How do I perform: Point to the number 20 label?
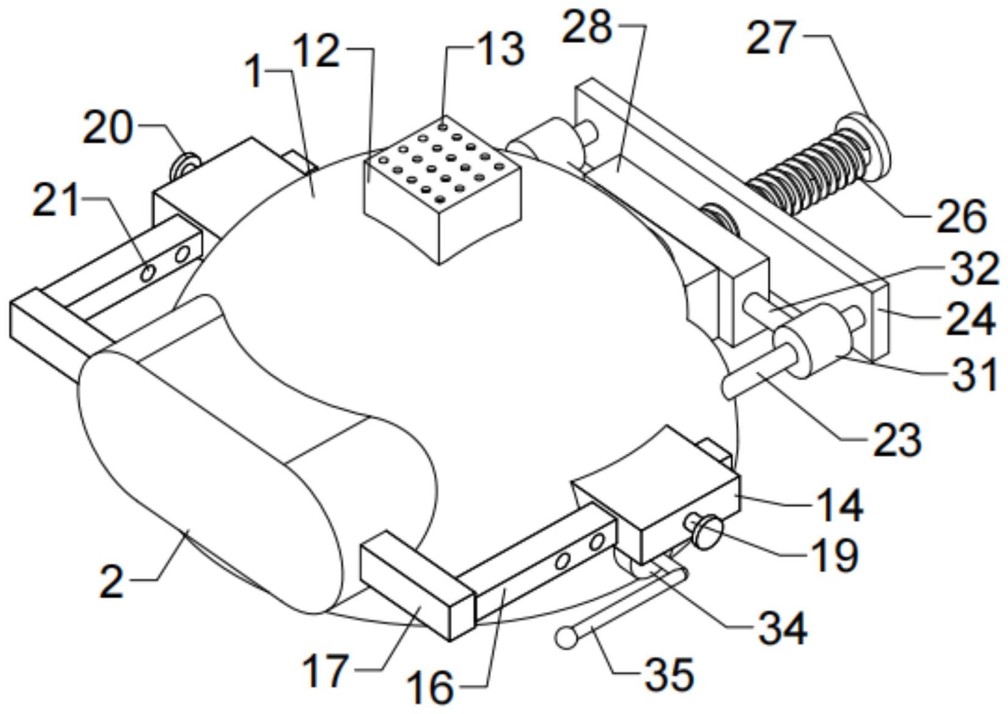108,128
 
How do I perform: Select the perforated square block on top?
442,191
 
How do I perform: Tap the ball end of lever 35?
567,638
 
